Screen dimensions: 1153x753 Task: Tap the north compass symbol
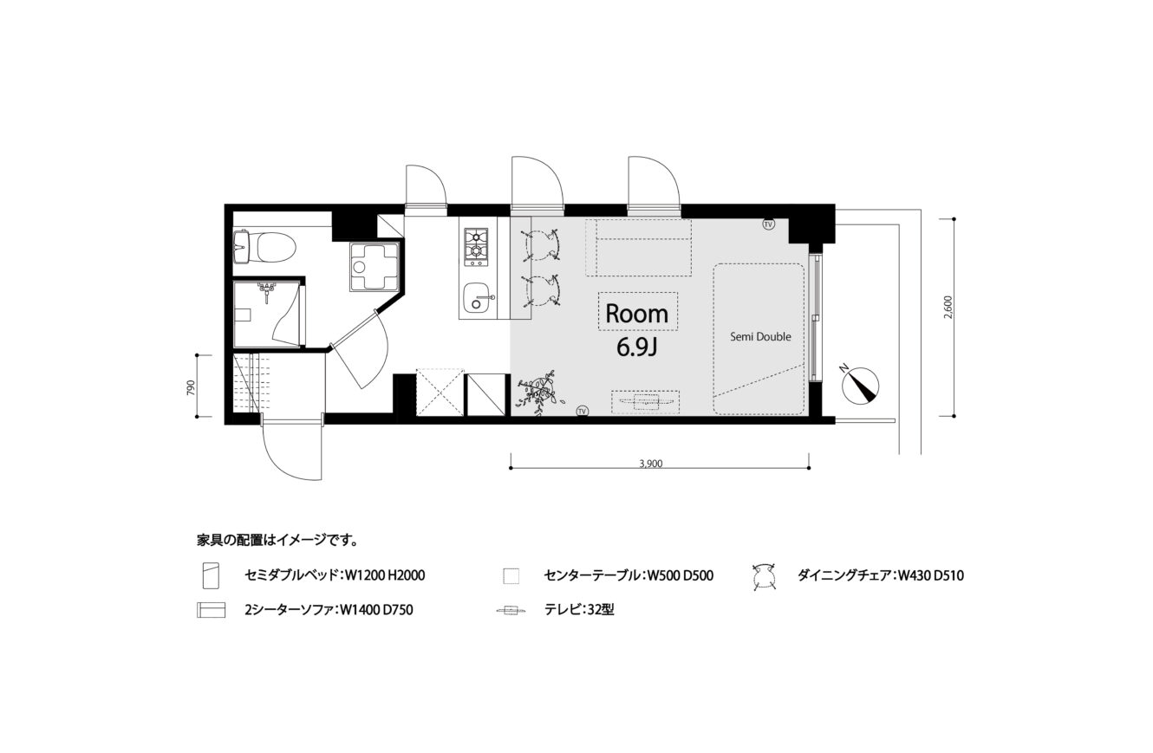pos(860,386)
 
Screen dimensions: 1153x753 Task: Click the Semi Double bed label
pos(761,337)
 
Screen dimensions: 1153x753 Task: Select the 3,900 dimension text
pos(650,464)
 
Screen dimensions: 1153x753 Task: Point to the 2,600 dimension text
pos(948,307)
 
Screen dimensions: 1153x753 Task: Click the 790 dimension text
pos(191,386)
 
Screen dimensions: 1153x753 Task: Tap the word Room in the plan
pos(636,314)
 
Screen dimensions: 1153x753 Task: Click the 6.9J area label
pos(637,347)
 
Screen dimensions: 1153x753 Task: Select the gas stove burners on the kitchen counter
pos(476,248)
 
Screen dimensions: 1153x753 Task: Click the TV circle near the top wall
pos(768,224)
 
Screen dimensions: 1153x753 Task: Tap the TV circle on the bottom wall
pos(583,411)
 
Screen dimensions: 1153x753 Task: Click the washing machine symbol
pos(375,266)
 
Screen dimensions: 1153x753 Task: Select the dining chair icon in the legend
pos(764,576)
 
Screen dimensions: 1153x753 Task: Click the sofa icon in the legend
pos(211,610)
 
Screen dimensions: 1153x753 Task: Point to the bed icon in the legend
pos(212,575)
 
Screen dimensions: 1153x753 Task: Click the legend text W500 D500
pos(680,575)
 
